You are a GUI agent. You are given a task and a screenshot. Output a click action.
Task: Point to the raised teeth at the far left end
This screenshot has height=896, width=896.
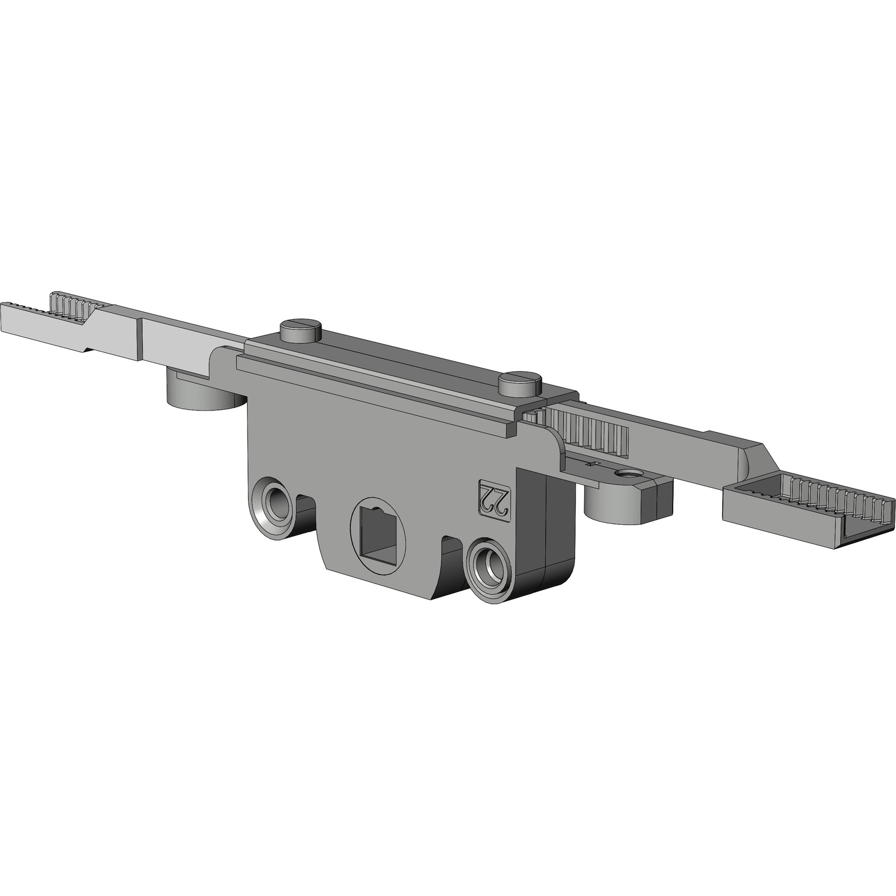click(x=73, y=303)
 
